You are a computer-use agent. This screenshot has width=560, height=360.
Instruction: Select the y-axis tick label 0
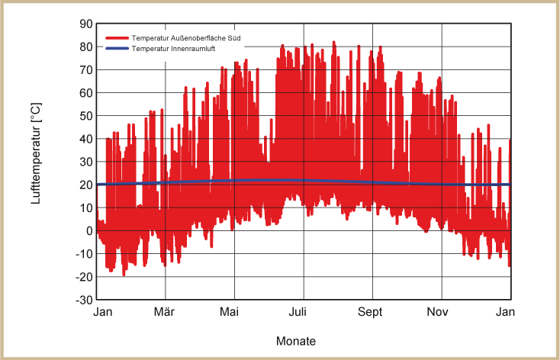89,231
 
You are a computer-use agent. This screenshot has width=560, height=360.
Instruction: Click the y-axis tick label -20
85,277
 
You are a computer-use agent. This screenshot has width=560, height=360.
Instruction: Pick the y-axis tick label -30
85,300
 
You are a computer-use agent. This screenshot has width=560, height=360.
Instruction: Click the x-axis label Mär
165,312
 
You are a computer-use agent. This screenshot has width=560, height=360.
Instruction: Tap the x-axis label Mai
232,312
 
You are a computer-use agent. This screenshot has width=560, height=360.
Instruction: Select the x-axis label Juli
303,312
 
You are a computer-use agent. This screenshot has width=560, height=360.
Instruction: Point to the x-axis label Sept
372,312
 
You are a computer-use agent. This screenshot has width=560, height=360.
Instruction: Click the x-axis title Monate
296,340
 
